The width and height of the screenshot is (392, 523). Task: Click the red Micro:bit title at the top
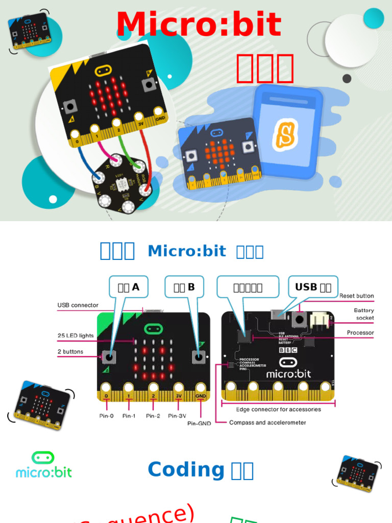(x=199, y=25)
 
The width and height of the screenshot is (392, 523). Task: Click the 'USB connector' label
(x=78, y=305)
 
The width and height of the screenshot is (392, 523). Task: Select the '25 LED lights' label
(x=76, y=336)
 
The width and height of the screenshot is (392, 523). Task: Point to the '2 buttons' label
(x=70, y=351)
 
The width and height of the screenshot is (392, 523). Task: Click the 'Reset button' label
(x=356, y=296)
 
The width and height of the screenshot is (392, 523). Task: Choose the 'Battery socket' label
(x=364, y=314)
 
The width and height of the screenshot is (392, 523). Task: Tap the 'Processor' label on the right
(x=360, y=332)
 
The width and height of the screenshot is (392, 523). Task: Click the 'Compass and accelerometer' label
(x=267, y=422)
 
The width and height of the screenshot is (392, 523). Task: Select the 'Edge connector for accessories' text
(x=278, y=409)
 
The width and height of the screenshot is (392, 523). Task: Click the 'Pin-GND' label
(x=198, y=423)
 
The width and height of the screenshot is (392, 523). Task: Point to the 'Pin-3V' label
(x=178, y=416)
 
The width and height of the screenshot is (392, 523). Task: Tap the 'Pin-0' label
(x=106, y=416)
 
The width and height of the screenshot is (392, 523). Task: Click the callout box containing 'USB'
(x=313, y=287)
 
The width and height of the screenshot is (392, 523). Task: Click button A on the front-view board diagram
(x=108, y=356)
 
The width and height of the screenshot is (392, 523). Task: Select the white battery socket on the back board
(x=321, y=320)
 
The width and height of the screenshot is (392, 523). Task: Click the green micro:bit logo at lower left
(x=43, y=465)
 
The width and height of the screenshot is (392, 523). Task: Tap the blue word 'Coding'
(x=186, y=469)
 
